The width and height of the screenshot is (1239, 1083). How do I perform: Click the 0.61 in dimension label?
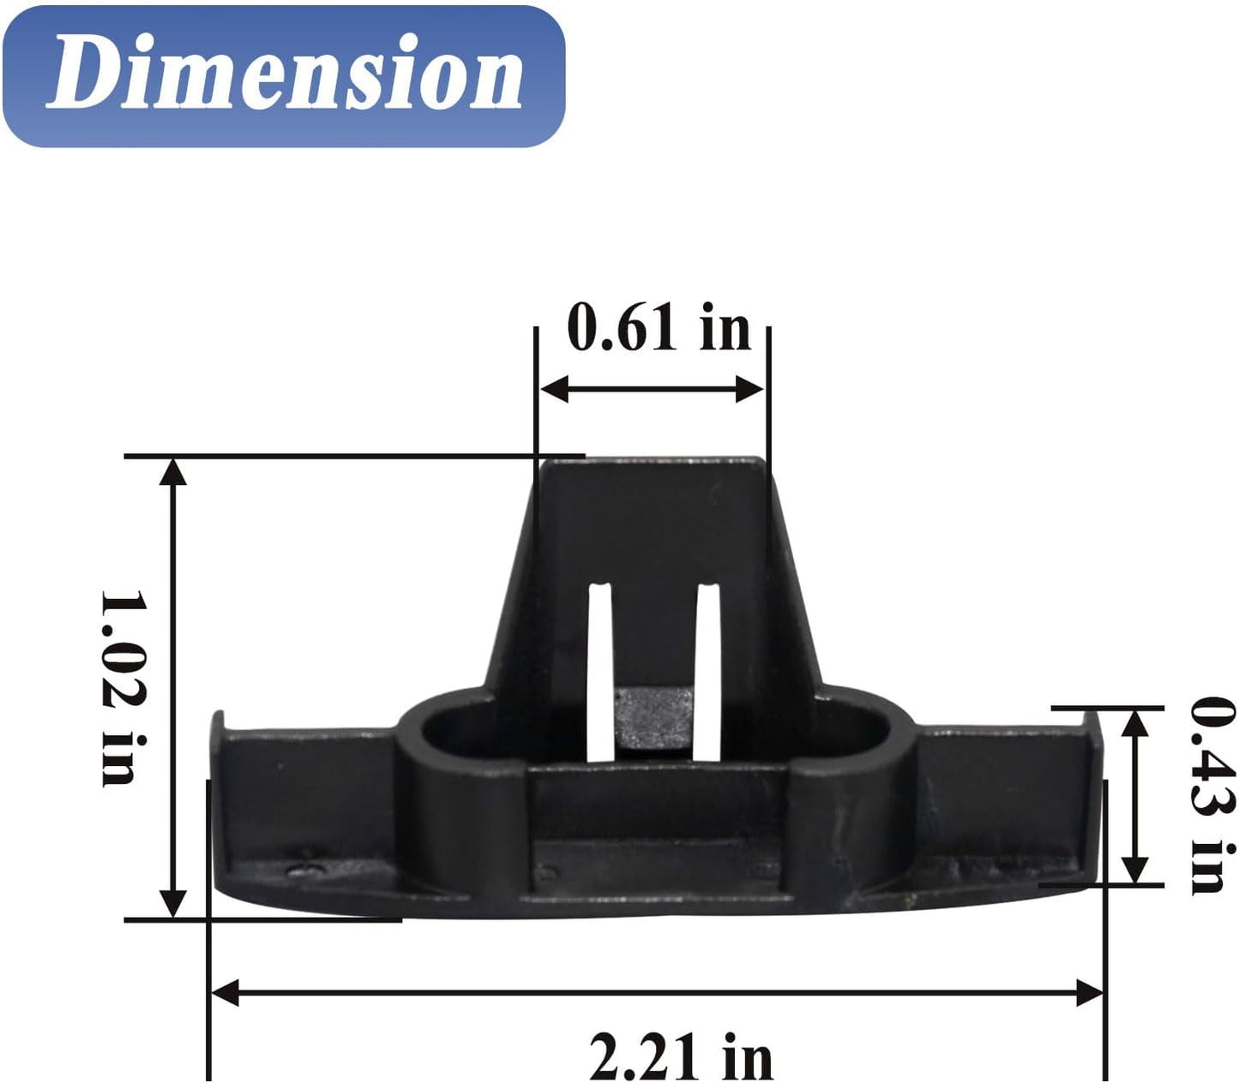[659, 329]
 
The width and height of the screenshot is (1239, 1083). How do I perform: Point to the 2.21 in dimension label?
[681, 1056]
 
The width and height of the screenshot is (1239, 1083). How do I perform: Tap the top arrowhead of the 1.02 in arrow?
[173, 472]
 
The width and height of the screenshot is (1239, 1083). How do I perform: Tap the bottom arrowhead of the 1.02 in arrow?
[174, 902]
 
